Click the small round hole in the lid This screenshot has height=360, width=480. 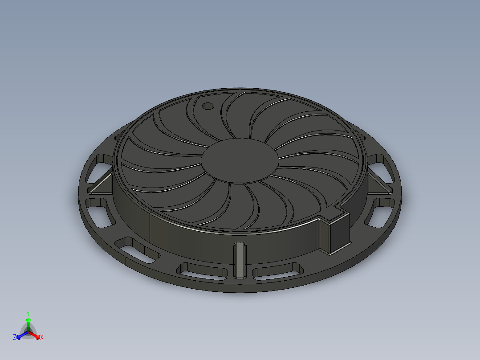click(x=207, y=106)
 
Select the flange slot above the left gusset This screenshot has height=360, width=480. click(x=99, y=167)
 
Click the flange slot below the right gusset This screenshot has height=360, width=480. click(x=380, y=211)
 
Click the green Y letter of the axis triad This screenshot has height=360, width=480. click(x=28, y=313)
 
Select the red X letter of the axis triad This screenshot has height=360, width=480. click(x=41, y=337)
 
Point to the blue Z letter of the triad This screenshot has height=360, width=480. click(x=15, y=337)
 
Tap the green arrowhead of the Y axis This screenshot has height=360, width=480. click(x=28, y=320)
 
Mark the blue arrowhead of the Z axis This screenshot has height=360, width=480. click(x=20, y=335)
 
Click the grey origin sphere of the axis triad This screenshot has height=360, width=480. click(x=28, y=331)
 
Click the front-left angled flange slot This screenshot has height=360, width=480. click(x=137, y=250)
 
